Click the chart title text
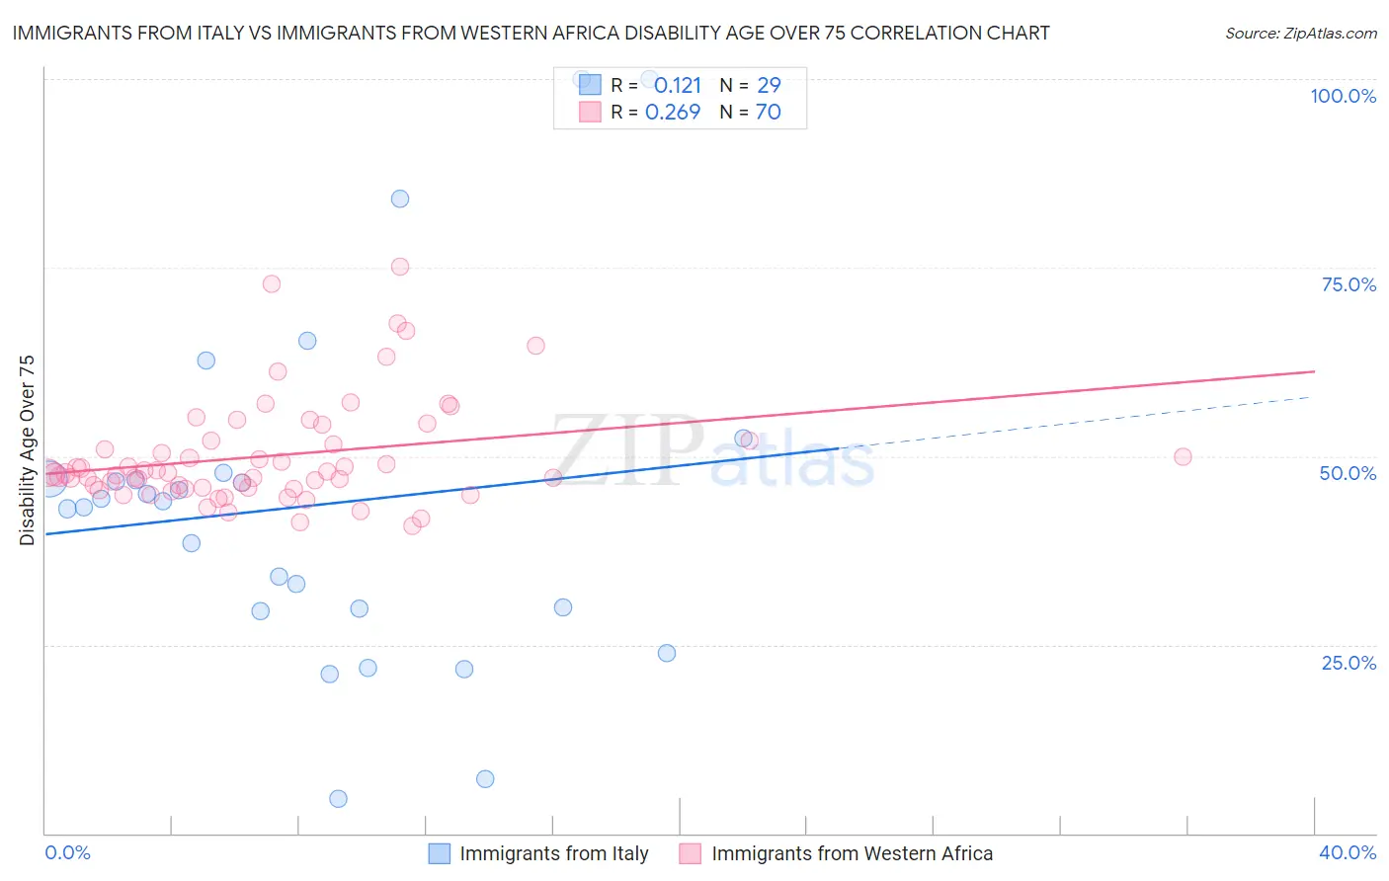[531, 33]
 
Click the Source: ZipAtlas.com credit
[1300, 34]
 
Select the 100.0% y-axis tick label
[1343, 96]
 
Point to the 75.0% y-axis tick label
[1348, 284]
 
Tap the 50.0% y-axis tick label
[1348, 473]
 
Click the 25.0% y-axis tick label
[1348, 662]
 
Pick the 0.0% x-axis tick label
[68, 852]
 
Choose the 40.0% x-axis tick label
[1348, 852]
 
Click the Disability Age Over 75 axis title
[27, 450]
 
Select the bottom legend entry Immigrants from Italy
[553, 853]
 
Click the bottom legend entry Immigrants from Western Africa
[852, 853]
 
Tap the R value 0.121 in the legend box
[677, 85]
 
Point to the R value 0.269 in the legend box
[673, 112]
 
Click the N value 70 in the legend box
[768, 112]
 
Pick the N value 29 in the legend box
[769, 85]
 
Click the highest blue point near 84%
[400, 199]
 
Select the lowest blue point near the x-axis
[338, 799]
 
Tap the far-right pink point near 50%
[1183, 456]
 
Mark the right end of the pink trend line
[1315, 371]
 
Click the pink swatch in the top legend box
[590, 112]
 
